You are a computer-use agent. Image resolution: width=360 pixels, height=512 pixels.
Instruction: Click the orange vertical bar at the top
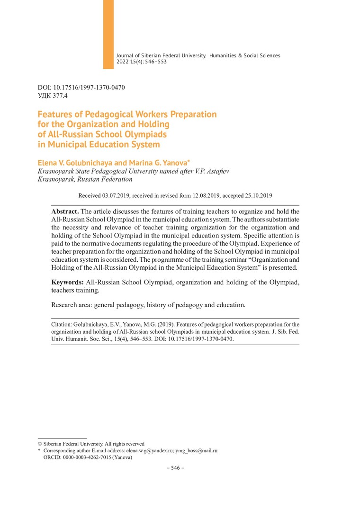tap(108, 34)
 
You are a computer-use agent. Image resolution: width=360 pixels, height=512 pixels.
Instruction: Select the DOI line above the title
tap(81, 87)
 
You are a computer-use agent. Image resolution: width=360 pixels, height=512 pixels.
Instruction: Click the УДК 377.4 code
tap(53, 95)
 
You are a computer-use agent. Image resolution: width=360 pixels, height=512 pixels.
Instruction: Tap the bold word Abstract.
tap(65, 211)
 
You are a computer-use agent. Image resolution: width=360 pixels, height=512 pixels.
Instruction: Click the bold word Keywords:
tap(68, 283)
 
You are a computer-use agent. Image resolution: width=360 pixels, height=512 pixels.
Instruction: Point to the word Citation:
tap(62, 324)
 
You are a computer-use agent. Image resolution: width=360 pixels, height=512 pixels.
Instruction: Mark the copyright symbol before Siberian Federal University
tap(40, 444)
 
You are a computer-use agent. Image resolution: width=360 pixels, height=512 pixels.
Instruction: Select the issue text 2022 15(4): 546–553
tap(141, 62)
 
